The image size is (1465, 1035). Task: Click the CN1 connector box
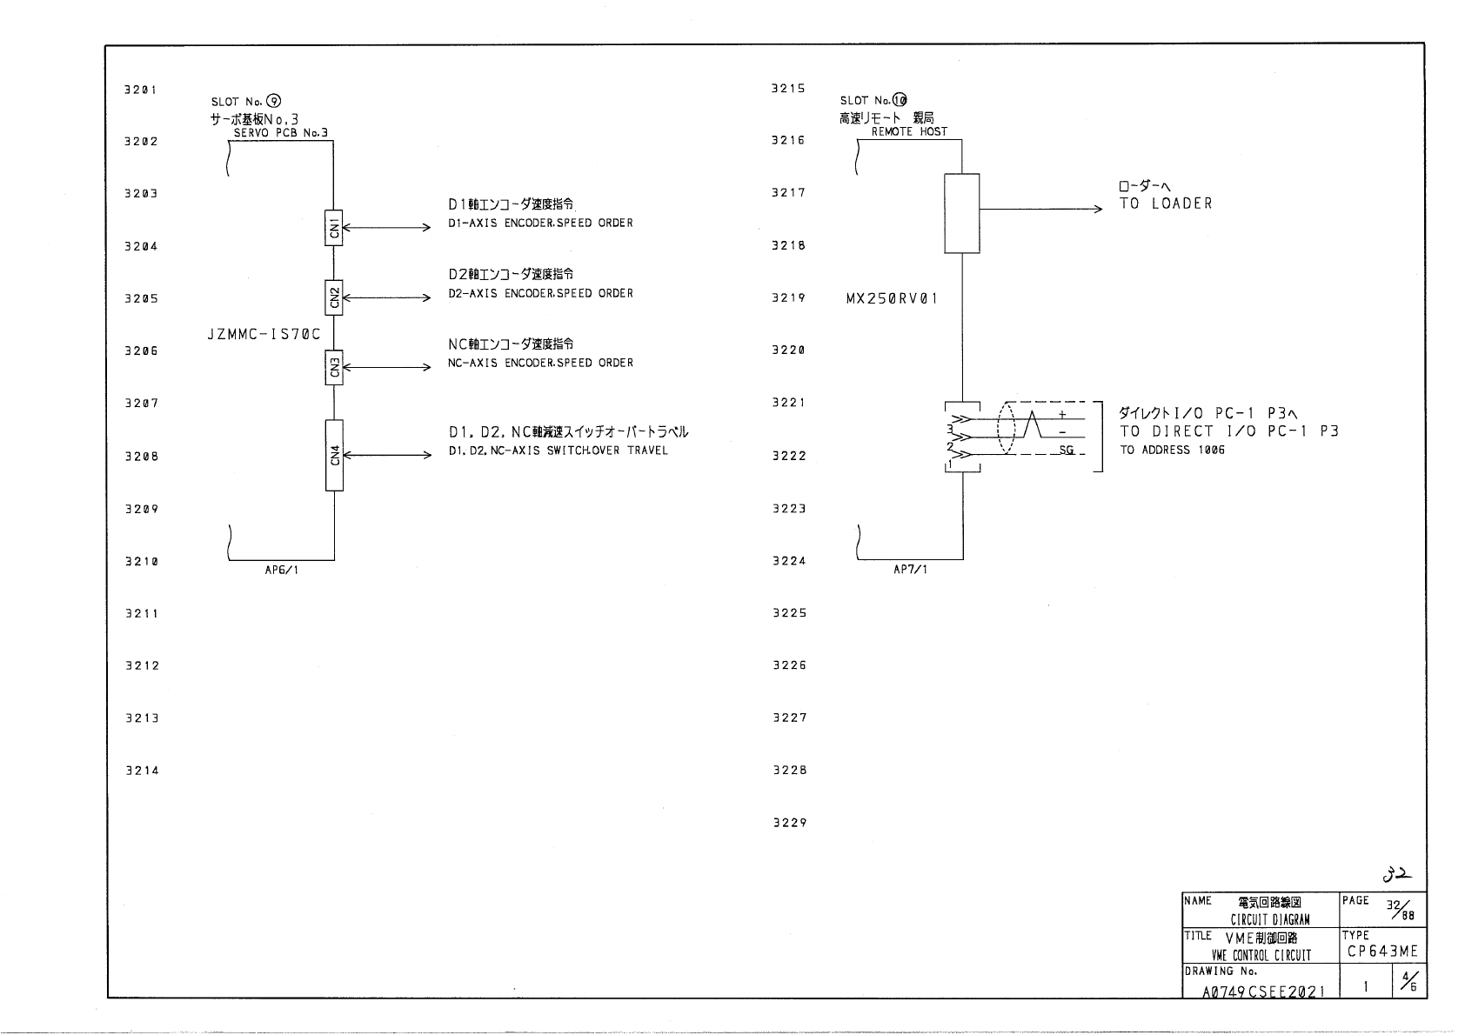(x=334, y=228)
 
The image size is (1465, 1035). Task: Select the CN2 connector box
(x=334, y=297)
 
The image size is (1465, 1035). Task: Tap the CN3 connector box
(x=334, y=367)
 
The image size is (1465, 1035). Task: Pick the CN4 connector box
(x=334, y=455)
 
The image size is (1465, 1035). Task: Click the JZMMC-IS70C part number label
(x=264, y=334)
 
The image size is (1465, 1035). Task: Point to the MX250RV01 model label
(x=892, y=298)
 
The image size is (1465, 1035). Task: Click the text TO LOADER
(x=1166, y=204)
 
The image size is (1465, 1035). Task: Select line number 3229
(x=790, y=823)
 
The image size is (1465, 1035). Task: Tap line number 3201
(x=141, y=90)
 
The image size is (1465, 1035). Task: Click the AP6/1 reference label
(x=282, y=570)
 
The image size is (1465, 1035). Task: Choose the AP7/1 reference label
(x=910, y=570)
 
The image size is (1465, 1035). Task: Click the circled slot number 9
(x=274, y=102)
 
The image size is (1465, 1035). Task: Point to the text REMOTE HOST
(x=909, y=132)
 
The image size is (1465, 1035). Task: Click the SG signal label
(x=1067, y=450)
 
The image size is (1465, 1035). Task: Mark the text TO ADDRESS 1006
(x=1172, y=451)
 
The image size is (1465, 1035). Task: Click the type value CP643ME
(x=1382, y=952)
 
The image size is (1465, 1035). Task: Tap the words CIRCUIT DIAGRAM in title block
(x=1270, y=919)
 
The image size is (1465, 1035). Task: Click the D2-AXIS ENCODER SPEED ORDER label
(x=540, y=294)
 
